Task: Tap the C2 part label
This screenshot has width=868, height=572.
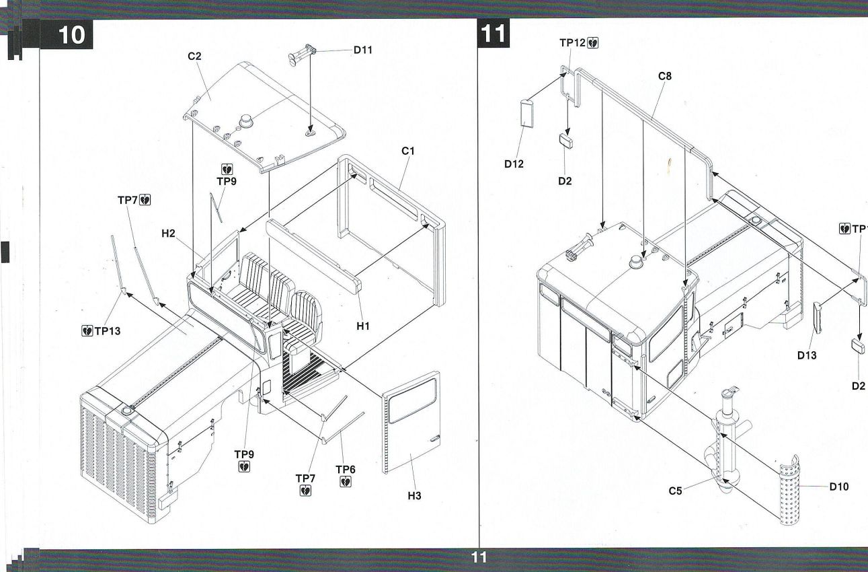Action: coord(194,57)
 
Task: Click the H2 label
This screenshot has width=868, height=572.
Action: coord(169,234)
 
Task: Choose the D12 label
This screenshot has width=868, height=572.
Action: coord(515,163)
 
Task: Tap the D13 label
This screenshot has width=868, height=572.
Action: coord(807,355)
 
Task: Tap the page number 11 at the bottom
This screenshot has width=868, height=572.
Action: coord(478,557)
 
